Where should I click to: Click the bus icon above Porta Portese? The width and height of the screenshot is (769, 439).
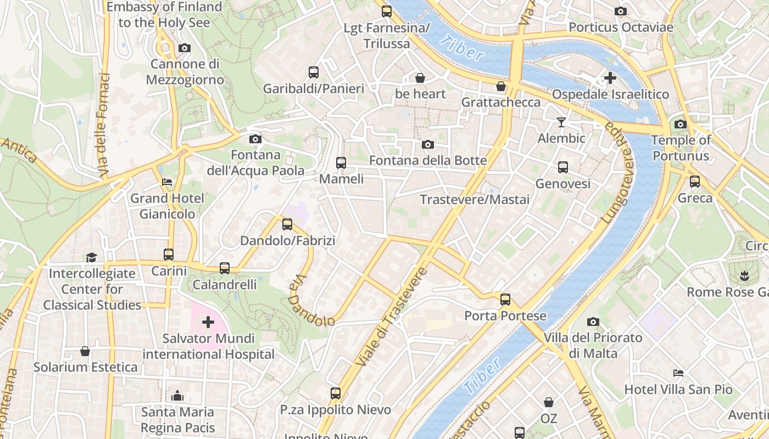pyautogui.click(x=505, y=300)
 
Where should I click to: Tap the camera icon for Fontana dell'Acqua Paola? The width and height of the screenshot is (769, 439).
pyautogui.click(x=255, y=139)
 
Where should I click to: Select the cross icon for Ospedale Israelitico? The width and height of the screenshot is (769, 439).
pyautogui.click(x=610, y=78)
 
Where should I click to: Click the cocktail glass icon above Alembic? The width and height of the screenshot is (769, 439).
pyautogui.click(x=561, y=122)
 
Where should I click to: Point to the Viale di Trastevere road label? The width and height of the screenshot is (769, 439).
pyautogui.click(x=392, y=317)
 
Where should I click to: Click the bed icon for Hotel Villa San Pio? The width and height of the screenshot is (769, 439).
pyautogui.click(x=678, y=373)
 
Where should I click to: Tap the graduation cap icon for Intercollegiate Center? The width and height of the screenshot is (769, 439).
pyautogui.click(x=91, y=257)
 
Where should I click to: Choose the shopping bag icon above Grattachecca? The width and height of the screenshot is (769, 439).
pyautogui.click(x=501, y=86)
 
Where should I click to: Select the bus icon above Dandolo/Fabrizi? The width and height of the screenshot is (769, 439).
pyautogui.click(x=287, y=224)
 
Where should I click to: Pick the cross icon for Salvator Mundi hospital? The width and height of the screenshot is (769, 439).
pyautogui.click(x=208, y=322)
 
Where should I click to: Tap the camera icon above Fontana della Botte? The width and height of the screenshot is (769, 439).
pyautogui.click(x=427, y=144)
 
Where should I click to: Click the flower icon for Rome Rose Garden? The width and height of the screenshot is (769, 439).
pyautogui.click(x=744, y=275)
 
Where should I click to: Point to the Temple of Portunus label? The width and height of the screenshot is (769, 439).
pyautogui.click(x=681, y=148)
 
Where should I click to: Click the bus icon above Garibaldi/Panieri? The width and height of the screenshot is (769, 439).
pyautogui.click(x=314, y=72)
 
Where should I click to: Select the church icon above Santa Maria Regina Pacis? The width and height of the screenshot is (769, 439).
pyautogui.click(x=177, y=396)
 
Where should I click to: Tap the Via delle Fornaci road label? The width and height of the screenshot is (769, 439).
pyautogui.click(x=104, y=125)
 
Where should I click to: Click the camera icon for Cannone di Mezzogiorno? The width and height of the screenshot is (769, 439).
pyautogui.click(x=185, y=48)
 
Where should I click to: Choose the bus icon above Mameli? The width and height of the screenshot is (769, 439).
pyautogui.click(x=341, y=162)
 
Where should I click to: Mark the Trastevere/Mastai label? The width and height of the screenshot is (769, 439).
pyautogui.click(x=475, y=199)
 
